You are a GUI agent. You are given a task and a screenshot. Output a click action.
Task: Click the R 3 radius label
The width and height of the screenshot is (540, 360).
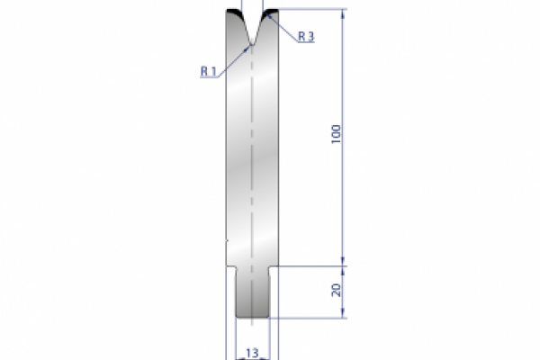click(304, 35)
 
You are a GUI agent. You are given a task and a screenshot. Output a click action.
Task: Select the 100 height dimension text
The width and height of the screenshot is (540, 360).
click(335, 135)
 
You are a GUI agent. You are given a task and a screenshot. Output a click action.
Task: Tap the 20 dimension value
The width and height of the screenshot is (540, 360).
click(335, 291)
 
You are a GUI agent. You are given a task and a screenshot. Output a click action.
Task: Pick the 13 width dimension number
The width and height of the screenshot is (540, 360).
click(254, 352)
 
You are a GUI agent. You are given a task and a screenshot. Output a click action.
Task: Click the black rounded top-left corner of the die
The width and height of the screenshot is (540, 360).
click(231, 14)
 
